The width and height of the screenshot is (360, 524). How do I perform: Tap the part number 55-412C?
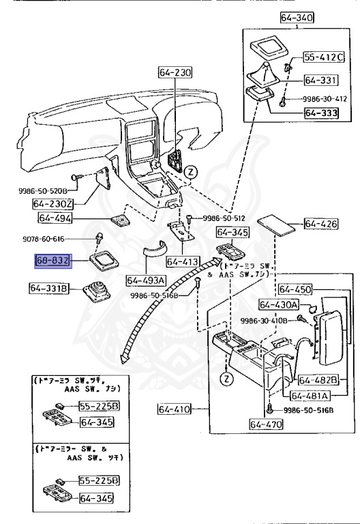(x=323, y=57)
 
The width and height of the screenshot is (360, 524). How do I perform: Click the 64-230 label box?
(x=175, y=72)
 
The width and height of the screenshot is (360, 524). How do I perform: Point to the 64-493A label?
(x=147, y=280)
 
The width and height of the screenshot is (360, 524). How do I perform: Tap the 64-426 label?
(x=321, y=224)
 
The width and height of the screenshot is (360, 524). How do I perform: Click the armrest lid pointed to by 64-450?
(x=333, y=338)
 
